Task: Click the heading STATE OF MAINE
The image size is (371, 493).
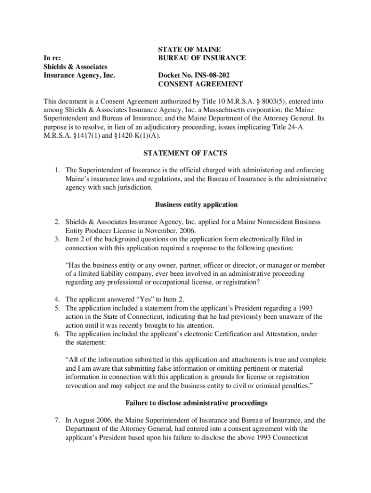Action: pyautogui.click(x=189, y=50)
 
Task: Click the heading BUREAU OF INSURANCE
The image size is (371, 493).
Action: pyautogui.click(x=202, y=58)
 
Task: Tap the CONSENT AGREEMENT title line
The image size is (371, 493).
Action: pyautogui.click(x=200, y=84)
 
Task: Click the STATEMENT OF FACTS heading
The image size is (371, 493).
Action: pyautogui.click(x=185, y=153)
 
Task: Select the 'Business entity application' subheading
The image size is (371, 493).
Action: pyautogui.click(x=196, y=205)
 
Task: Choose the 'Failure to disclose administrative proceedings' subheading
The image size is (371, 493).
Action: pyautogui.click(x=196, y=402)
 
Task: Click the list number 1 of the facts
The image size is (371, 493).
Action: pyautogui.click(x=57, y=170)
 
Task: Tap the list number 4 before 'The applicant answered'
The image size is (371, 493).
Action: pyautogui.click(x=57, y=299)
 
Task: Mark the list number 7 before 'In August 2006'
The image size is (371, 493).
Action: pyautogui.click(x=57, y=420)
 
